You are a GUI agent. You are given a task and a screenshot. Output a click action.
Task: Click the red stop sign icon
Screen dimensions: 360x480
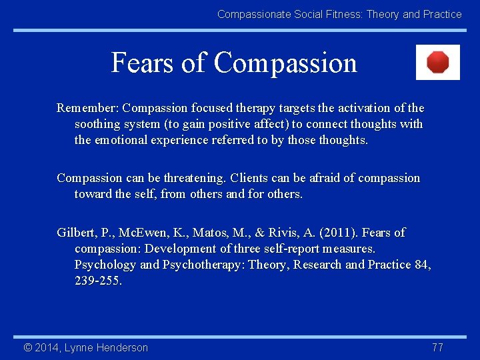[x=438, y=63]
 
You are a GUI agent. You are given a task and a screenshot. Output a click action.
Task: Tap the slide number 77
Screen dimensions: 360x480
[x=437, y=347]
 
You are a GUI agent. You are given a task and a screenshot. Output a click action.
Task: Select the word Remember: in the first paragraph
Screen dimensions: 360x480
[x=88, y=108]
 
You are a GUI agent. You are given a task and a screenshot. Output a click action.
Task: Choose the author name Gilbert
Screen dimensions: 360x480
[x=77, y=233]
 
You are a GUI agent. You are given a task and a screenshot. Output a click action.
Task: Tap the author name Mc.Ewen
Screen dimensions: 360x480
[x=154, y=233]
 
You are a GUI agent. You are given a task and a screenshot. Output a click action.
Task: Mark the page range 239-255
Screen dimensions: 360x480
[x=98, y=281]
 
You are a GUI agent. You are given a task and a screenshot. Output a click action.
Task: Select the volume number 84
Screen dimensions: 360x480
[x=423, y=265]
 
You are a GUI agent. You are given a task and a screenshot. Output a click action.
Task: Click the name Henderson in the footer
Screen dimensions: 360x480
[x=122, y=347]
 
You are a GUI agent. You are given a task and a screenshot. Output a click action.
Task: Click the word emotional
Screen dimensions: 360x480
[x=122, y=140]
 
